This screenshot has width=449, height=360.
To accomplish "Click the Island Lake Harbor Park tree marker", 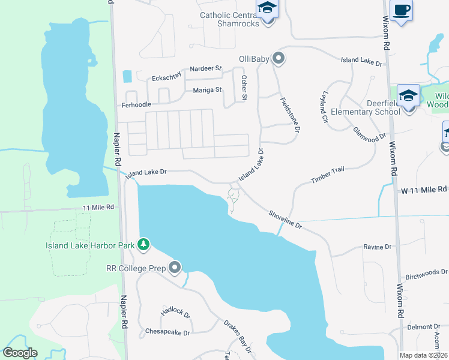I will tap(143, 244).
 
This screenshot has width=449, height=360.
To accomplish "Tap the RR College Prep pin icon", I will tap(175, 267).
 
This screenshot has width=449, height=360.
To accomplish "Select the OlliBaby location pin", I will tap(278, 58).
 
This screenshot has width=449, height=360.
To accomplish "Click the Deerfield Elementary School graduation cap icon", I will tap(409, 96).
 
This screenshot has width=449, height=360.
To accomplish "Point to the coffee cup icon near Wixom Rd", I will tap(401, 10).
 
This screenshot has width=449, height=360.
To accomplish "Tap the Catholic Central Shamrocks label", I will tap(229, 19).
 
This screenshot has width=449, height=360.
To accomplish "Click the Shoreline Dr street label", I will tap(285, 221).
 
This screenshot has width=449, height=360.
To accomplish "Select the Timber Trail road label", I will tap(328, 175).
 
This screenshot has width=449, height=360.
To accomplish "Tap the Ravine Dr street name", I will tap(377, 247).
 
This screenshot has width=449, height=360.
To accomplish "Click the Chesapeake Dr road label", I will tap(167, 332).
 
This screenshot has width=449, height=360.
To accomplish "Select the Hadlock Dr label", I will tap(175, 312).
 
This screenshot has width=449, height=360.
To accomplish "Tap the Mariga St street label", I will tap(208, 91).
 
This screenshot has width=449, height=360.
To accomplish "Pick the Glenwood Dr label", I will tap(369, 134).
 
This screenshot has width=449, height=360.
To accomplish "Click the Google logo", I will tap(20, 353).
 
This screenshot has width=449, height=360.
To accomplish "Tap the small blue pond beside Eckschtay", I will tap(127, 76).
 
